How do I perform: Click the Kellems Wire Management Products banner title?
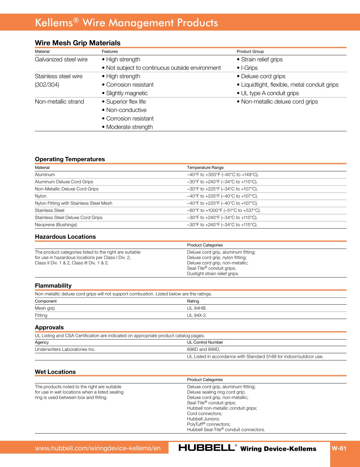[x=126, y=23]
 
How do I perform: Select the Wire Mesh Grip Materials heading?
[x=78, y=43]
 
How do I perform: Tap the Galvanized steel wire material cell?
[x=61, y=60]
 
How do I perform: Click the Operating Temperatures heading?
[x=70, y=159]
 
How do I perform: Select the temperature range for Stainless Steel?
[x=224, y=211]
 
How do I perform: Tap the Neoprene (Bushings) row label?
[x=56, y=225]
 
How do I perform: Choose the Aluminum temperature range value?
[x=223, y=175]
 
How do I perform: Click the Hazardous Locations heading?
[x=65, y=237]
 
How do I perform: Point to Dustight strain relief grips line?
[x=213, y=274]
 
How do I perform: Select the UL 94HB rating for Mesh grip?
[x=197, y=308]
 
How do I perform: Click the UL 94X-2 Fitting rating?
[x=197, y=316]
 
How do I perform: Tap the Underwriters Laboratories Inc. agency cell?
[x=65, y=350]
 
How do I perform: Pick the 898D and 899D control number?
[x=203, y=350]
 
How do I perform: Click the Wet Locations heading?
[x=55, y=372]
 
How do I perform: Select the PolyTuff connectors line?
[x=208, y=424]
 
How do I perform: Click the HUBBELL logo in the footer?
[x=207, y=448]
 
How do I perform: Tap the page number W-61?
[x=339, y=448]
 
